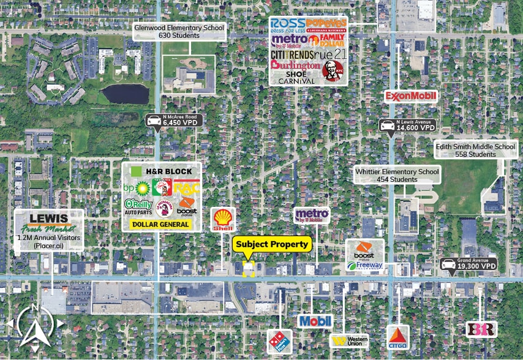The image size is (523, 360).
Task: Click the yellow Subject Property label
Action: coord(273,244)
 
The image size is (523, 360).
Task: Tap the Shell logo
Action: coord(223,220)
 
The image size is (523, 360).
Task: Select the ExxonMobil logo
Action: coord(410,96)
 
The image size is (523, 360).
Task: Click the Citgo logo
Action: coord(397,336)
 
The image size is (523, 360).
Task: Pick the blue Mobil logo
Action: coord(315,320)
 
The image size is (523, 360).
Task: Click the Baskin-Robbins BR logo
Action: coord(481,329)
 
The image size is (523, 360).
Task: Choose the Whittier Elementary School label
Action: coord(397,176)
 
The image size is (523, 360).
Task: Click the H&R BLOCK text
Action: coord(168,171)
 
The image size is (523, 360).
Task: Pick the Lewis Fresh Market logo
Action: coord(48,224)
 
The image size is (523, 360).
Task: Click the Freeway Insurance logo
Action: coord(365,265)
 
